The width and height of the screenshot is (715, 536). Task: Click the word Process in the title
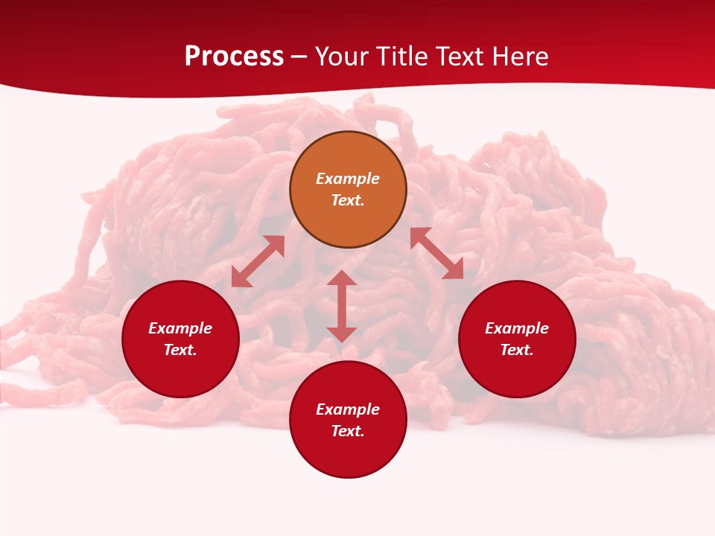pyautogui.click(x=234, y=57)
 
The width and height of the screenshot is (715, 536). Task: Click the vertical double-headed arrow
pyautogui.click(x=342, y=306)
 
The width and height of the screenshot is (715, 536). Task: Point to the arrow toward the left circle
pyautogui.click(x=258, y=261)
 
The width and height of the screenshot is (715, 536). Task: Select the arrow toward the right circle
pyautogui.click(x=437, y=253)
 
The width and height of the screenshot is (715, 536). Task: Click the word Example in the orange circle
pyautogui.click(x=348, y=179)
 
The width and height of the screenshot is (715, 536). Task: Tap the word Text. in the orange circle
pyautogui.click(x=348, y=200)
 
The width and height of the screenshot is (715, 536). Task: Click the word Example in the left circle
pyautogui.click(x=180, y=328)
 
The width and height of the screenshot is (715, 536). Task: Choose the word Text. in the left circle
pyautogui.click(x=180, y=350)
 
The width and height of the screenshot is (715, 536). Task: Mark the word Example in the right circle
pyautogui.click(x=517, y=328)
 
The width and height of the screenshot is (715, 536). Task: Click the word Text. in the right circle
pyautogui.click(x=517, y=350)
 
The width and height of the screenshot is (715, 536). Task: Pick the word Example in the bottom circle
pyautogui.click(x=348, y=409)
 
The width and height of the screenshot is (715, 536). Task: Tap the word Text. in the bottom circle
pyautogui.click(x=348, y=431)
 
